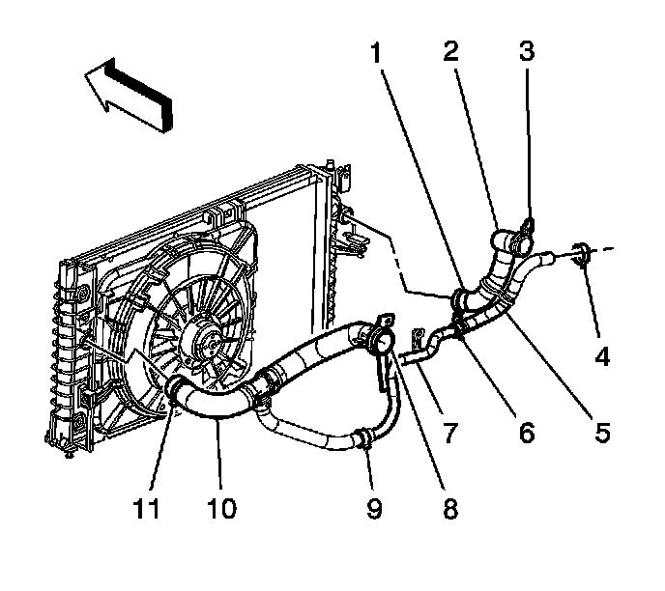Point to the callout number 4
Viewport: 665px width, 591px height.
click(602, 357)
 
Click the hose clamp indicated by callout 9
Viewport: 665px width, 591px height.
click(364, 440)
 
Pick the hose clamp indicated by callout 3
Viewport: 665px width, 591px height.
click(522, 228)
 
